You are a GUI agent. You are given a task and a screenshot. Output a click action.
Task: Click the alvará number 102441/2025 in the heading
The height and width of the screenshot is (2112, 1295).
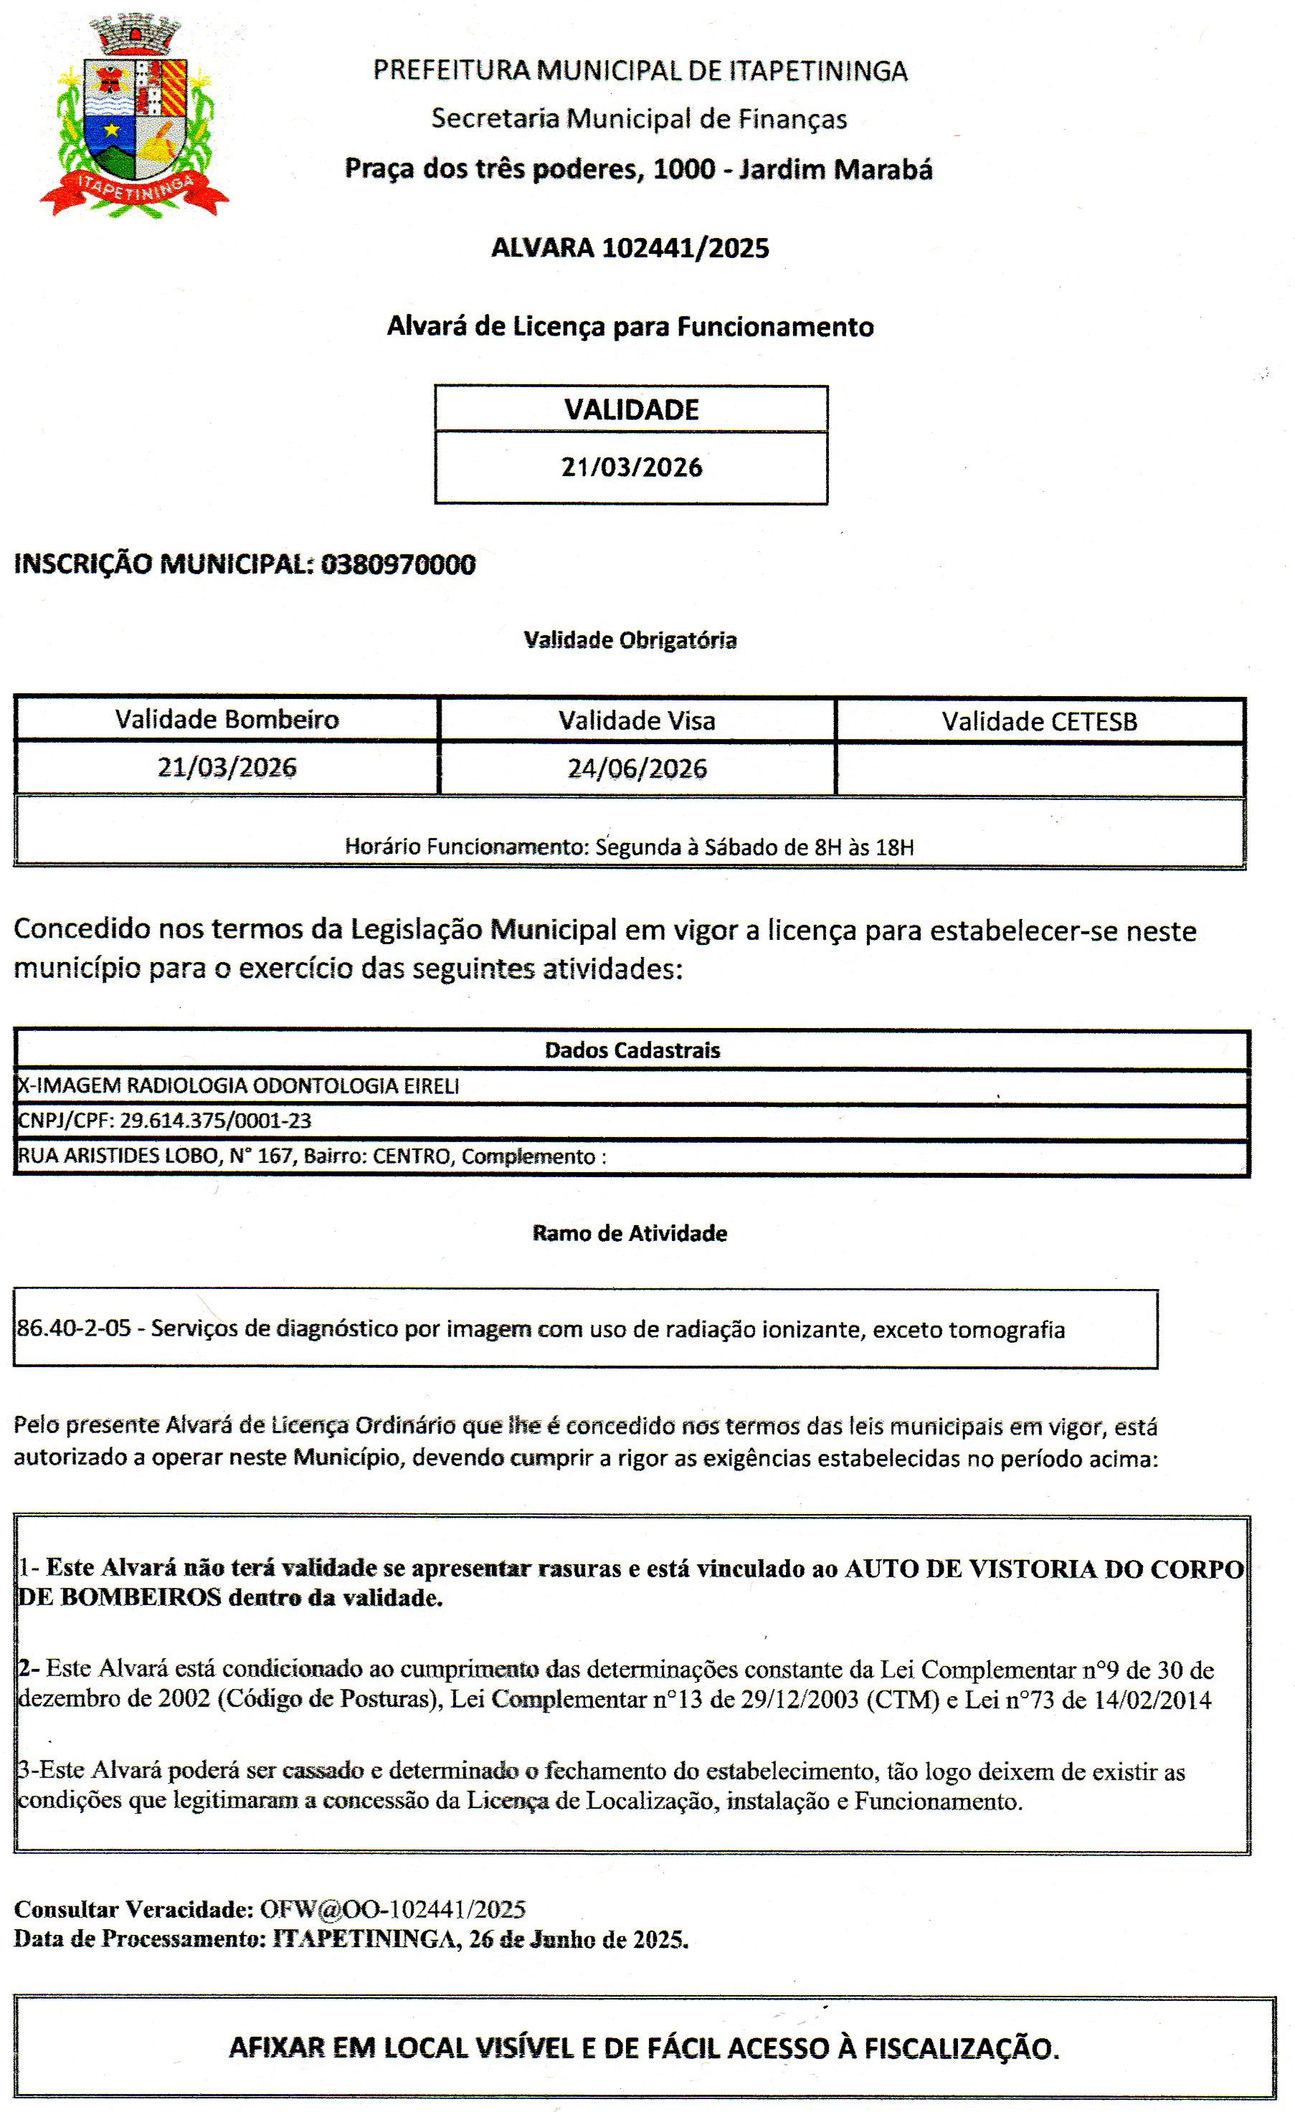click(685, 249)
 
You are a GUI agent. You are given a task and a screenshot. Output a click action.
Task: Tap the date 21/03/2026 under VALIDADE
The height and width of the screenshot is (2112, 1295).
click(632, 467)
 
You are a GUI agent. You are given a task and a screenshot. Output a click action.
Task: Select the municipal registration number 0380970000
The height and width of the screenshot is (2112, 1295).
click(398, 565)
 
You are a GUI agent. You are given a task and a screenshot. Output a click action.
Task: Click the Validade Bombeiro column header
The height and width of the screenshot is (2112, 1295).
click(227, 719)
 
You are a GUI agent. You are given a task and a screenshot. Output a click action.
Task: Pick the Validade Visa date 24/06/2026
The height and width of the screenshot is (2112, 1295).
click(637, 768)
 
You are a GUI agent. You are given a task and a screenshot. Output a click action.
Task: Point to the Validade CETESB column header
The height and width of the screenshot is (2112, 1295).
click(1039, 721)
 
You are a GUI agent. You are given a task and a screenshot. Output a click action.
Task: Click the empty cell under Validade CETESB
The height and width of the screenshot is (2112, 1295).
click(1039, 769)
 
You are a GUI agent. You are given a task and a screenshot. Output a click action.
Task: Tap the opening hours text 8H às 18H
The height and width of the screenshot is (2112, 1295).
click(863, 847)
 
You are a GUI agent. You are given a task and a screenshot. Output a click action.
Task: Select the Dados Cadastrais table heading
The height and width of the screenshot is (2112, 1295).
click(632, 1050)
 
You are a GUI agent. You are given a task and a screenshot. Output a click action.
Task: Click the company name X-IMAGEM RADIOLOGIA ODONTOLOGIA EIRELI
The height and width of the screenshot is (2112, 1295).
click(238, 1086)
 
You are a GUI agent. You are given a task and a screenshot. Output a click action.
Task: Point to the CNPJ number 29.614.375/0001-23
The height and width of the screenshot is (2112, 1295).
click(215, 1121)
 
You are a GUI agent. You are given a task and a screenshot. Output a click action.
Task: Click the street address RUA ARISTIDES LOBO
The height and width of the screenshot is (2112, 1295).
click(119, 1156)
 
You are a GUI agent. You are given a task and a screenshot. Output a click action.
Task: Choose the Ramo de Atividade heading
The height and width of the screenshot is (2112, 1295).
click(630, 1233)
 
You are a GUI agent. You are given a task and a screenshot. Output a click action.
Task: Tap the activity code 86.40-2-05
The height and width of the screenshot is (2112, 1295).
click(75, 1329)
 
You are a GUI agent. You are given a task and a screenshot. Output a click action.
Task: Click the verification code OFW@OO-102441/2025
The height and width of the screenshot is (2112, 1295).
click(392, 1909)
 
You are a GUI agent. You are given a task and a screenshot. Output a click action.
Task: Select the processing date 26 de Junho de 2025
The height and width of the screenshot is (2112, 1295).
click(579, 1939)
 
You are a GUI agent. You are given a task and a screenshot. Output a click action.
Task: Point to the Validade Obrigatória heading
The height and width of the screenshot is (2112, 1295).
click(630, 640)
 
